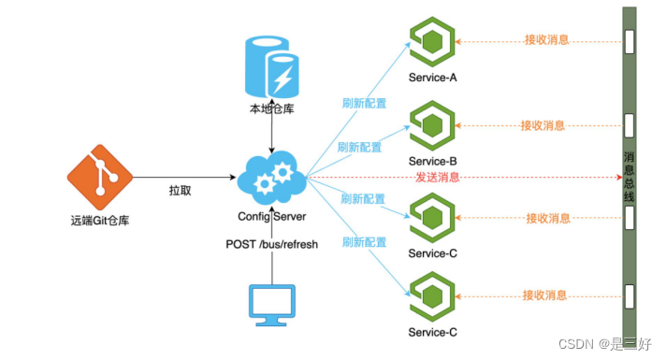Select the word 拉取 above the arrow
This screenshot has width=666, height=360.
[181, 189]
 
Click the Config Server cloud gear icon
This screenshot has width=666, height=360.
[271, 178]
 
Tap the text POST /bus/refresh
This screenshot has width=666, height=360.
[271, 244]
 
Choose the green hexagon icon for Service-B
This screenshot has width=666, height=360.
[432, 124]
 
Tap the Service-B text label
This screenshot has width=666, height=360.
[432, 162]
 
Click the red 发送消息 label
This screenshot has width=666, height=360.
[438, 178]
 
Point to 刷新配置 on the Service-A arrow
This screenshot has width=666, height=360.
[365, 104]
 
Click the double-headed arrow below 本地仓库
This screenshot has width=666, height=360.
[270, 134]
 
